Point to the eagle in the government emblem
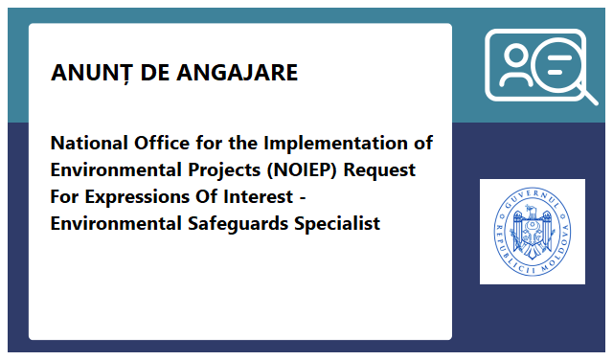532,232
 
